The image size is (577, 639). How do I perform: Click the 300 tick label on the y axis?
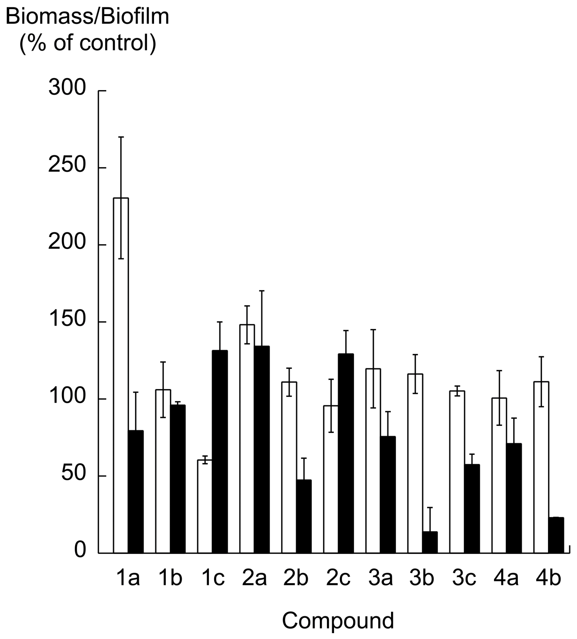[x=67, y=87]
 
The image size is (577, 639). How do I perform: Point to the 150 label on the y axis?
[x=67, y=318]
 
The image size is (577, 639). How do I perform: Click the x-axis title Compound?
[x=338, y=621]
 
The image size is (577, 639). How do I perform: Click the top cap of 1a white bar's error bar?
[x=121, y=137]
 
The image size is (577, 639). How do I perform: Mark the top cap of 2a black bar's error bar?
[x=262, y=291]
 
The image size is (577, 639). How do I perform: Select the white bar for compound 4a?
[x=499, y=476]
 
